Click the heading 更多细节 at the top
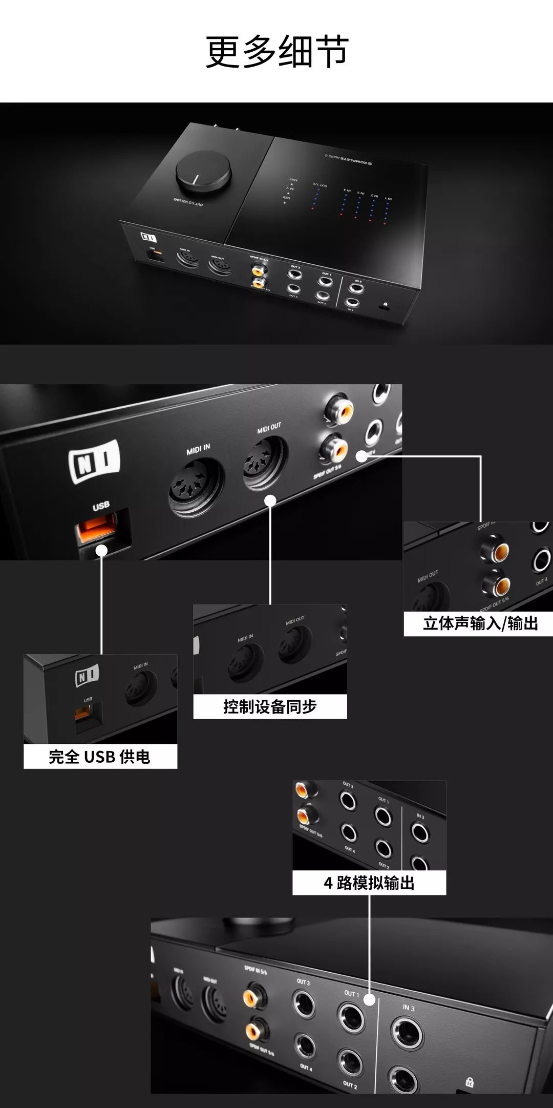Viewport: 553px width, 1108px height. (277, 52)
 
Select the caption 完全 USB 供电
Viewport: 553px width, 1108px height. (100, 757)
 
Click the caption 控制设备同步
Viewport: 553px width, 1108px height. (270, 707)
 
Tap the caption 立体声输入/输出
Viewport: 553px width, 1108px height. (480, 623)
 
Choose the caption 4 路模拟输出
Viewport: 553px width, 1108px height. (369, 883)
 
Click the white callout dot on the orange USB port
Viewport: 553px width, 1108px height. (101, 551)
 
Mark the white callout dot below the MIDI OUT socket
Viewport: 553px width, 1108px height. (271, 500)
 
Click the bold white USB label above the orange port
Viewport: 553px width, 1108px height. (101, 506)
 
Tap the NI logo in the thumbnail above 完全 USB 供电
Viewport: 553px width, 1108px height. (87, 677)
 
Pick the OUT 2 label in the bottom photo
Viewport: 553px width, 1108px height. (350, 1085)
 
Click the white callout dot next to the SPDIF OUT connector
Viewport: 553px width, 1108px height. (361, 456)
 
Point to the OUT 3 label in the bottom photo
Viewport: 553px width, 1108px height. (303, 982)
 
